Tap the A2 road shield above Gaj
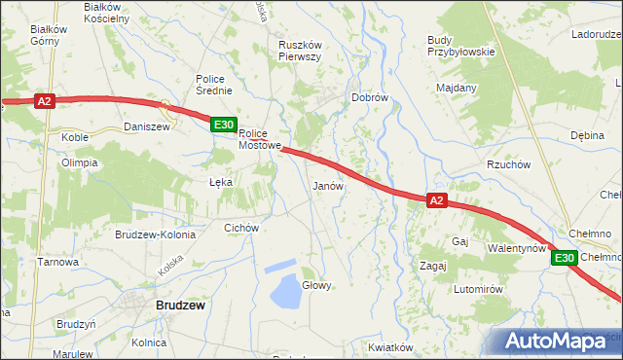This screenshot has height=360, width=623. (x=437, y=200)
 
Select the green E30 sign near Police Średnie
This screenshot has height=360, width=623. (x=224, y=125)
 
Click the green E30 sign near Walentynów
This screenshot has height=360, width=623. (x=565, y=258)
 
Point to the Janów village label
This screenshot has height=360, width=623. (x=327, y=185)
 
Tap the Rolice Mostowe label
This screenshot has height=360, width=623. (x=260, y=140)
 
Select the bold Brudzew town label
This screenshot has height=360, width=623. (x=180, y=305)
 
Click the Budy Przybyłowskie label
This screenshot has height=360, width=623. (x=461, y=46)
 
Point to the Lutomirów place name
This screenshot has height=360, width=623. (x=477, y=290)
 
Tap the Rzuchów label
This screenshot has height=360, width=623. (x=508, y=164)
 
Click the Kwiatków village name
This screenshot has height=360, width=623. (x=392, y=347)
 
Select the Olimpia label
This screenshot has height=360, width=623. (x=80, y=162)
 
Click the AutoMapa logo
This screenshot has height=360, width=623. (x=557, y=341)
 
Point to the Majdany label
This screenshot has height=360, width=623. (x=457, y=88)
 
